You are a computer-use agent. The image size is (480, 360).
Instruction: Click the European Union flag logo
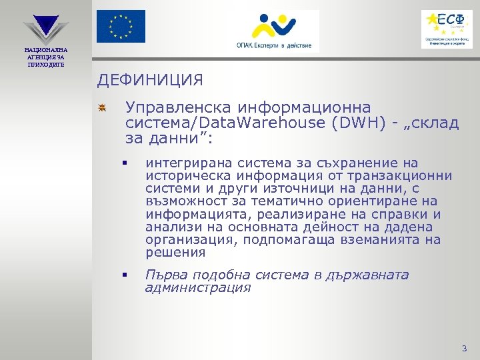(x=120, y=27)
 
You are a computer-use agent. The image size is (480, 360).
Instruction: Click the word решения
(x=175, y=253)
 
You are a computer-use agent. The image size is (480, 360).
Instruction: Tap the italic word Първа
(x=162, y=275)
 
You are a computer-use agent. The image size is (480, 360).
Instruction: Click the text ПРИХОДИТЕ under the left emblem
(x=45, y=63)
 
